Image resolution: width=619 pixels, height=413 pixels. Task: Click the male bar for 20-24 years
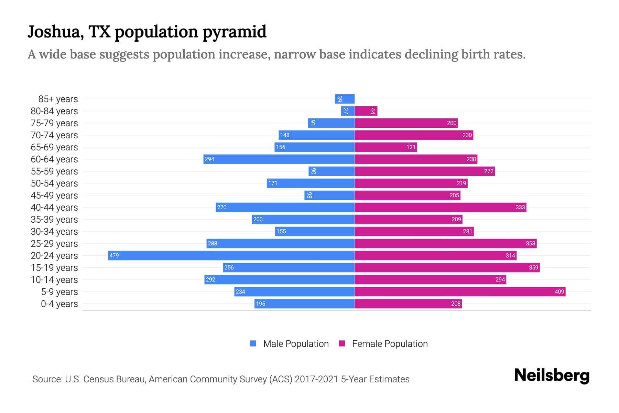click(231, 255)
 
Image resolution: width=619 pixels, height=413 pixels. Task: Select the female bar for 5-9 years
click(460, 292)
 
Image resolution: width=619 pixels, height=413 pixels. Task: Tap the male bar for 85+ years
click(345, 99)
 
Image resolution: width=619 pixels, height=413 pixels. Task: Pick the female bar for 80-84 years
click(366, 111)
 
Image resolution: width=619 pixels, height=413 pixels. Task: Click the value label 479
click(114, 255)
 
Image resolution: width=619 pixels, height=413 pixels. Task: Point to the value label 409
click(559, 292)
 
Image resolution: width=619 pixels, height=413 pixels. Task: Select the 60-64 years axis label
click(54, 159)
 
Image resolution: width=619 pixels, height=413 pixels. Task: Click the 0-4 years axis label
click(59, 304)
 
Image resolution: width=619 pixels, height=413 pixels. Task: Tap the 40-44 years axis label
click(54, 208)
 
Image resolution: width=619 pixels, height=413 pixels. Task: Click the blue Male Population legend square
click(253, 343)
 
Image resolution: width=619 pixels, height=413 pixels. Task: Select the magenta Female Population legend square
click(342, 343)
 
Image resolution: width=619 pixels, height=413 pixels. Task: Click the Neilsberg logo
click(552, 375)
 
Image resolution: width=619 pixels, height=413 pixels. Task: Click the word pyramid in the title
click(234, 32)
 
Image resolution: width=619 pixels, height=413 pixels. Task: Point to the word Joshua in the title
click(56, 32)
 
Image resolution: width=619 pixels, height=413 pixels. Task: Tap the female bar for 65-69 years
click(385, 147)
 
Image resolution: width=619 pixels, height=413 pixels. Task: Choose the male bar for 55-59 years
click(332, 171)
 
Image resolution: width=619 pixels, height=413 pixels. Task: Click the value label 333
click(520, 207)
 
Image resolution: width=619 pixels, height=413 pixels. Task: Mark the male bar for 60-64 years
click(279, 159)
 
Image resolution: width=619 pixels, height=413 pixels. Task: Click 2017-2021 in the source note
click(316, 379)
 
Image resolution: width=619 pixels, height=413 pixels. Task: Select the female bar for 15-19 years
click(447, 267)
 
